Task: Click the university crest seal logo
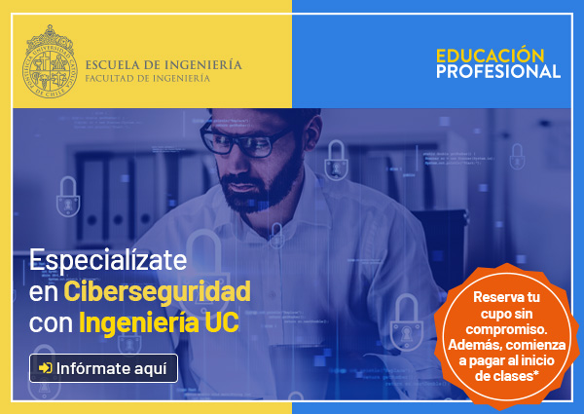coord(50,62)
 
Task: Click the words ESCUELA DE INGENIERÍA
coord(164,64)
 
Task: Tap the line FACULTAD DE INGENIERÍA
coord(148,78)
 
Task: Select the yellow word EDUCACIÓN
coord(491,56)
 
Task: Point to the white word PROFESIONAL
coord(498,71)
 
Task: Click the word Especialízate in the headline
coord(108,260)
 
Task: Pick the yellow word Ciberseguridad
coord(157,291)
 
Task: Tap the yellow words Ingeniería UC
coord(159,322)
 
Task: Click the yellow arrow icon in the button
coord(46,368)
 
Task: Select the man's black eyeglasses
coord(244,141)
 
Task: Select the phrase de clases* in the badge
coord(507,376)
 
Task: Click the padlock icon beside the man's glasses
coord(336,161)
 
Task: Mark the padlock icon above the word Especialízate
coord(68,197)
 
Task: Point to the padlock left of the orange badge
coord(407,322)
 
